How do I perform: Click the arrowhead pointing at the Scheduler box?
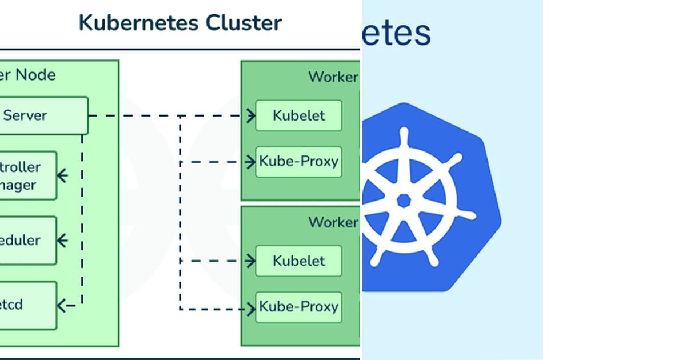[x=62, y=241]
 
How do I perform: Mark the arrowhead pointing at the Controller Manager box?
[x=62, y=175]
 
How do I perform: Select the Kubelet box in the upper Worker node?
[x=298, y=115]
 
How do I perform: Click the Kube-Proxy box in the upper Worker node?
[x=298, y=162]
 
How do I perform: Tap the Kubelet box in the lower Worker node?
[x=298, y=261]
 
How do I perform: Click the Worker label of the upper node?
[x=333, y=77]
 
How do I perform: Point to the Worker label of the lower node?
[x=333, y=222]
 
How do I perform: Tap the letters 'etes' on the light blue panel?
[x=397, y=33]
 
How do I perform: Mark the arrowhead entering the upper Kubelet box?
[x=251, y=115]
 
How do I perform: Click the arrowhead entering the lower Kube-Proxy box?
[x=251, y=309]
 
